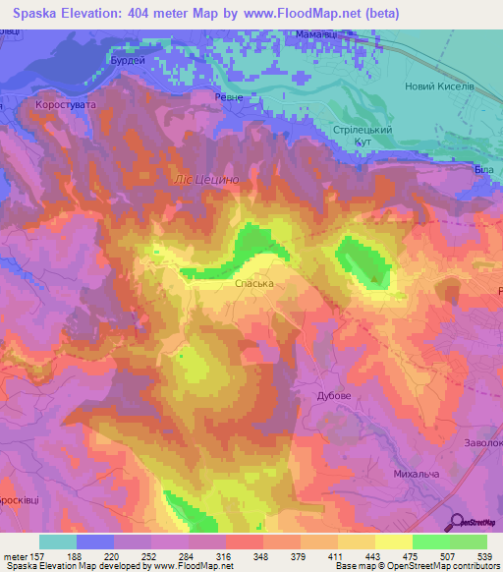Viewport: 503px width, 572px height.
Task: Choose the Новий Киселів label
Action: click(439, 86)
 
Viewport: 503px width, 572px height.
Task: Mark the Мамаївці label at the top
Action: click(315, 34)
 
